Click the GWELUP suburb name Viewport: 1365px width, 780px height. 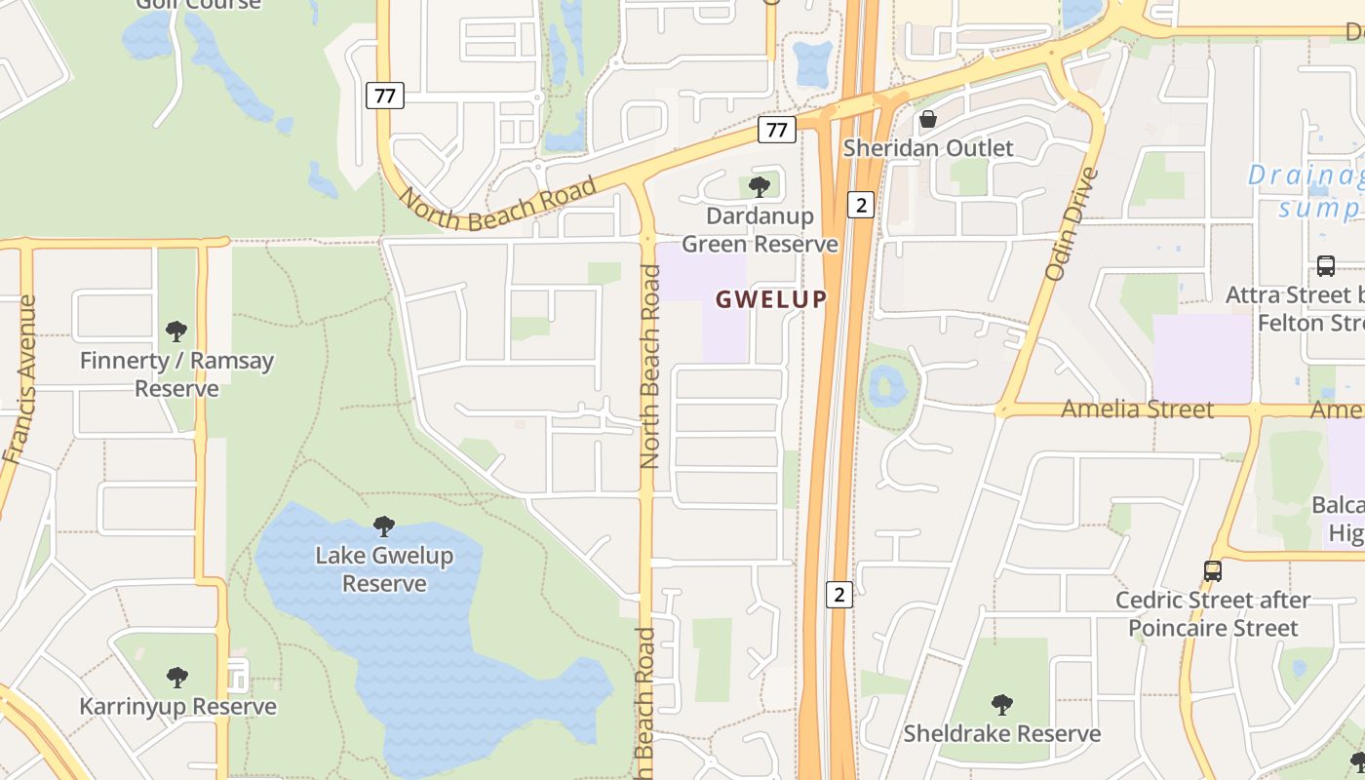[x=771, y=299]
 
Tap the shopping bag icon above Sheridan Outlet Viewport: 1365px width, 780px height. [x=928, y=119]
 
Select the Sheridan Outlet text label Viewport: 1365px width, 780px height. [x=928, y=148]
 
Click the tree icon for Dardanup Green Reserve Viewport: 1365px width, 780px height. [x=759, y=186]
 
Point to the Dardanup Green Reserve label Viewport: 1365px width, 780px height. [x=760, y=230]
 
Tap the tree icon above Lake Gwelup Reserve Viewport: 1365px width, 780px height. [x=384, y=526]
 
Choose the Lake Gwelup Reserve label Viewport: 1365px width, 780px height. [x=384, y=569]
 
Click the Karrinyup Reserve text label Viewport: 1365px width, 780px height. [x=177, y=706]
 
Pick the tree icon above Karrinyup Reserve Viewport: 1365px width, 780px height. [x=176, y=677]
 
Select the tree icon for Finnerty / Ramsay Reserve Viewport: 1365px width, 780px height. [x=176, y=331]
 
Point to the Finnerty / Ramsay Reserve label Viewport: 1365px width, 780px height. [x=176, y=374]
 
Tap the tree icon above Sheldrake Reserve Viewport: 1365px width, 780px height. [x=1001, y=704]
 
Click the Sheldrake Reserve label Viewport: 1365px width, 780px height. [x=1002, y=733]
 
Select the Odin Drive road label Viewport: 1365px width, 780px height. [x=1072, y=224]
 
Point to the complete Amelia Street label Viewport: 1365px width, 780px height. [x=1137, y=409]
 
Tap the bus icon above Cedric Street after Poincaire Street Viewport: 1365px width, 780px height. [x=1212, y=571]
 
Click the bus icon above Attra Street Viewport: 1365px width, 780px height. [x=1325, y=266]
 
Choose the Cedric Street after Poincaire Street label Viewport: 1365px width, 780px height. [x=1213, y=614]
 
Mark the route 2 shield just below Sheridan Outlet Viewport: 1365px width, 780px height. [x=860, y=205]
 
